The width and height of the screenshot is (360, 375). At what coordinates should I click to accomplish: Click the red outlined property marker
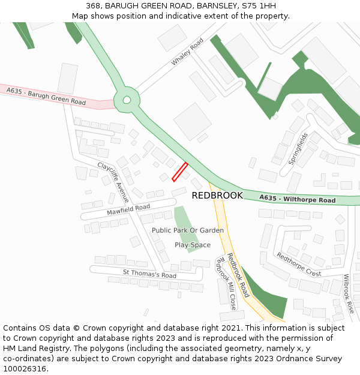coord(180,172)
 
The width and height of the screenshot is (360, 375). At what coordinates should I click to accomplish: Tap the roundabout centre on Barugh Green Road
coord(127,100)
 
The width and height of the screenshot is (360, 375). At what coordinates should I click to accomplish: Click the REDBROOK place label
coord(217,196)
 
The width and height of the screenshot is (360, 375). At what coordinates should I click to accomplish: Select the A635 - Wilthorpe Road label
coord(298,199)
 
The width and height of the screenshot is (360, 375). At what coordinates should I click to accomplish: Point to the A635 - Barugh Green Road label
coord(46,97)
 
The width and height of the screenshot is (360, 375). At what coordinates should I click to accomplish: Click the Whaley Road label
coord(188,52)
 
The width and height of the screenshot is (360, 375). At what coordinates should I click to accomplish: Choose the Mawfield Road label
coord(128,210)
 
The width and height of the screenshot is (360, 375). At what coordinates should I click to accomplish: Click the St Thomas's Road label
coord(149,274)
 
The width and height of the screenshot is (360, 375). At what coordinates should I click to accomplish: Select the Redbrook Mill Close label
coord(226,283)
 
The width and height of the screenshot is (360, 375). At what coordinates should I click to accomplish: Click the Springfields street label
coord(298,149)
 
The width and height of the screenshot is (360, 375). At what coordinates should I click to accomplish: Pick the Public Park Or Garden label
coord(188,230)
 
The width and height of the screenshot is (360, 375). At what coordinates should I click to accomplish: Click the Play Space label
coord(193,245)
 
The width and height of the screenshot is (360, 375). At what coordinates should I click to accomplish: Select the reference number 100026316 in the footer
coord(25,369)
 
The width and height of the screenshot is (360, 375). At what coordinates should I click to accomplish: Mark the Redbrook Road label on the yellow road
coord(238,275)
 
